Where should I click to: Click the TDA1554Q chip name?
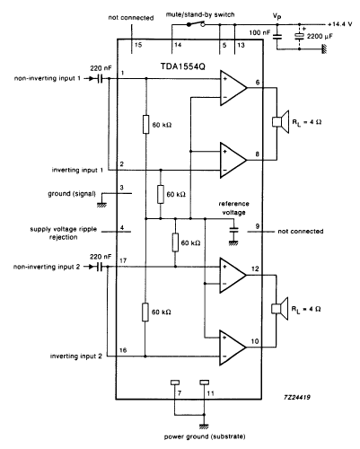coord(183,66)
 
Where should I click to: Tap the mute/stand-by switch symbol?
coord(196,24)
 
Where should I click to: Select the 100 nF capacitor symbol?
coord(277,37)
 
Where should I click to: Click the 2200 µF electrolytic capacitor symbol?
coord(299,36)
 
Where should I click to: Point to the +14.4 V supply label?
coord(340,24)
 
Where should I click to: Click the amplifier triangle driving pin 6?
coord(233,88)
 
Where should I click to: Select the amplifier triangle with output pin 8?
coord(233,160)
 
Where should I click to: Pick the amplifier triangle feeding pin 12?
coord(233,275)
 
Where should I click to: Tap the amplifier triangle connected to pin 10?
coord(233,348)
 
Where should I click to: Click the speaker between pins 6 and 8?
coord(281,122)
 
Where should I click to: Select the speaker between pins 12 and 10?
coord(279,309)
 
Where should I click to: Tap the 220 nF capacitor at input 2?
coord(99,267)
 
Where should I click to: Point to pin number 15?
coord(138,45)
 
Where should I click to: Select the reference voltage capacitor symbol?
coord(234,230)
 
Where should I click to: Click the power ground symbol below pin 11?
coord(204,427)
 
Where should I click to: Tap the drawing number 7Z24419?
coord(297,397)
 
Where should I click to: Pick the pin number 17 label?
coord(123,260)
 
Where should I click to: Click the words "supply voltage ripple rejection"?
coord(64,233)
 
